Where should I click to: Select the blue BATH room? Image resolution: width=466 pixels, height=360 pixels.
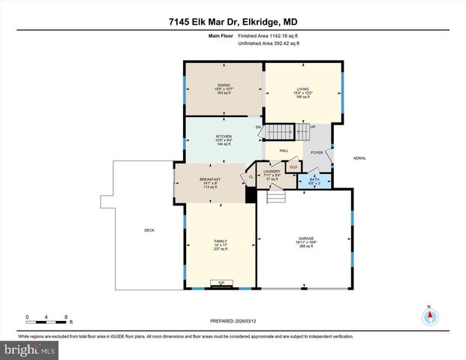(314, 180)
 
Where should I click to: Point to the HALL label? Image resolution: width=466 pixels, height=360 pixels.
(284, 150)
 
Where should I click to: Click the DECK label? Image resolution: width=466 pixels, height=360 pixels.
(149, 230)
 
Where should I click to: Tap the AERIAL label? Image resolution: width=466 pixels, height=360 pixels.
(360, 158)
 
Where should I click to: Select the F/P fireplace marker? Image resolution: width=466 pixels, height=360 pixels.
(221, 283)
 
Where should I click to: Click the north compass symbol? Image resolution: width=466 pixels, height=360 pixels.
(430, 316)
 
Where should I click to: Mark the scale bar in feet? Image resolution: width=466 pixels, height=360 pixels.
(47, 320)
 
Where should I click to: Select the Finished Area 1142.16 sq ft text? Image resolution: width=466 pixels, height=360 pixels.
(267, 35)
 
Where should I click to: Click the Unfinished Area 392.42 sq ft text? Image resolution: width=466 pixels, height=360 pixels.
(269, 43)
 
